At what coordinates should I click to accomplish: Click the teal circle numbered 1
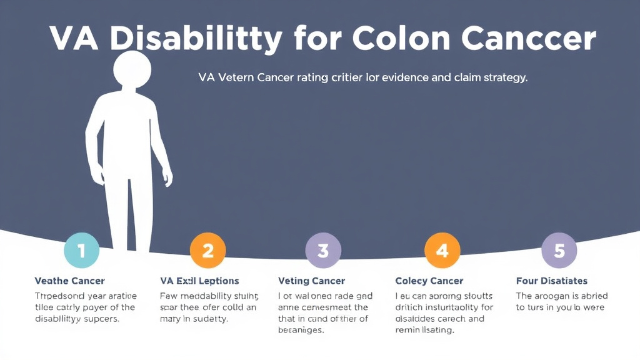[82, 251]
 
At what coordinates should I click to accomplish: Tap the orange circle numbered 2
[207, 251]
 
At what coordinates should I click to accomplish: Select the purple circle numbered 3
[323, 251]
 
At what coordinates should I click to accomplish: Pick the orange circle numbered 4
[442, 251]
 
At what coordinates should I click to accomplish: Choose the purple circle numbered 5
[559, 251]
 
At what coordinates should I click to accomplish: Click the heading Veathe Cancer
[69, 281]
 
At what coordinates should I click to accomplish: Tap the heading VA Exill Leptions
[199, 281]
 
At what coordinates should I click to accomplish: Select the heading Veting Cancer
[311, 281]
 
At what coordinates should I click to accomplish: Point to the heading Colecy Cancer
[429, 281]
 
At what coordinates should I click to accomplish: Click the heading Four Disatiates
[552, 281]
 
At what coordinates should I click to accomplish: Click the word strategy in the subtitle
[502, 78]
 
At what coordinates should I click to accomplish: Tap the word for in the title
[316, 39]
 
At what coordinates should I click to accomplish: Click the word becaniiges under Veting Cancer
[301, 330]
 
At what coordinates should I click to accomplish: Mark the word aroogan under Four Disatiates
[559, 296]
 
